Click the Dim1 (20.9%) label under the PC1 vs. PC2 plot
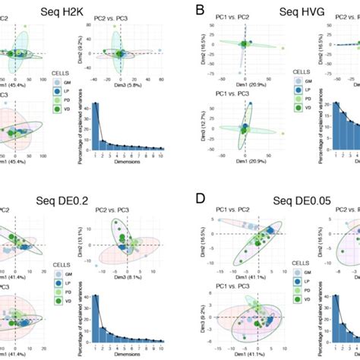click(243, 82)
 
